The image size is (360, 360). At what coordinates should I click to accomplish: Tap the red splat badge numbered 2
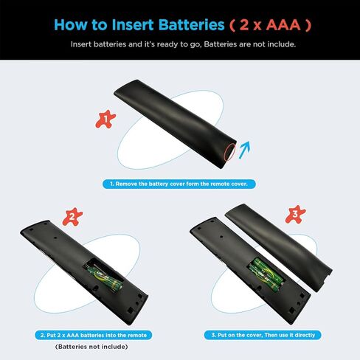(72, 217)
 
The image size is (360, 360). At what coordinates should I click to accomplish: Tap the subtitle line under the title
(179, 44)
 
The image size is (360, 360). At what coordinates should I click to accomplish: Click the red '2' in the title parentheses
(246, 24)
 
